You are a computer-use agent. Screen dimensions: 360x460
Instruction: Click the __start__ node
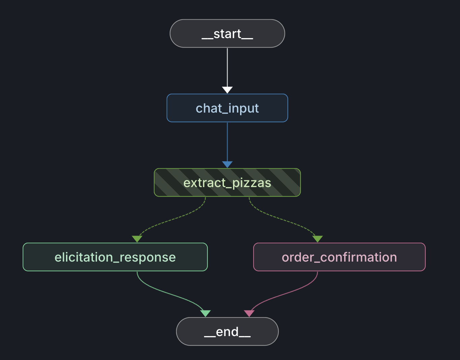(x=227, y=34)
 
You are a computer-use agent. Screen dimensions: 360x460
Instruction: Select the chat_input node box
(x=227, y=108)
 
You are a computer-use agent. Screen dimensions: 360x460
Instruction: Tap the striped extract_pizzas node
(x=227, y=183)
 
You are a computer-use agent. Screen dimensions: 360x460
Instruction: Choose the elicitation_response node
(x=115, y=257)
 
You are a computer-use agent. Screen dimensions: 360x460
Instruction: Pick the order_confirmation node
(x=339, y=257)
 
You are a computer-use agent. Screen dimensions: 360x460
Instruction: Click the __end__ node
(x=227, y=332)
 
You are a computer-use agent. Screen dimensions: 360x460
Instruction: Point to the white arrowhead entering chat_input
(x=227, y=90)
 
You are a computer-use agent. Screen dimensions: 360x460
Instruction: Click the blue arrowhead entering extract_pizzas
(x=227, y=164)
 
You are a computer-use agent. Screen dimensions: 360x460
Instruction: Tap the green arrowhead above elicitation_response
(x=137, y=239)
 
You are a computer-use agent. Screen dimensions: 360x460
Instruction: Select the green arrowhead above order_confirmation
(x=318, y=239)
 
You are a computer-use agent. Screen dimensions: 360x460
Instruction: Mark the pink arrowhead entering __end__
(x=249, y=313)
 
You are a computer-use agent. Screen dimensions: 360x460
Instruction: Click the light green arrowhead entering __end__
(x=205, y=313)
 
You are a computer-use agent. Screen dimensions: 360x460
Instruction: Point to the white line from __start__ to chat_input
(x=227, y=67)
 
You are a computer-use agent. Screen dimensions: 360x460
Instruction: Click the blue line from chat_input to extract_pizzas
(x=227, y=142)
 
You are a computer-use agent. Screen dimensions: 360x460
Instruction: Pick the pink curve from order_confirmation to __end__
(x=286, y=293)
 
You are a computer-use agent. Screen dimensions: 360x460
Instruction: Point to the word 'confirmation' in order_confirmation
(x=359, y=257)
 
